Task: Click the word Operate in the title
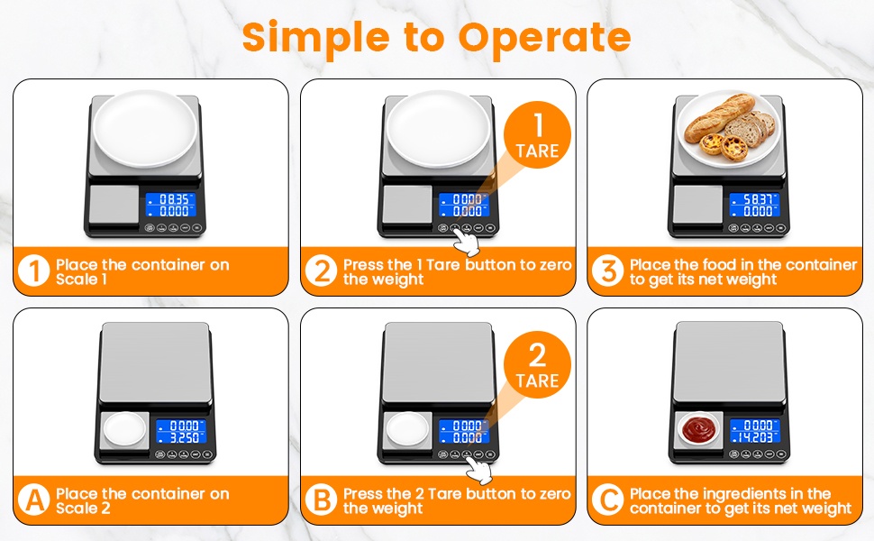(x=544, y=37)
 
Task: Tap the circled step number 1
(x=34, y=271)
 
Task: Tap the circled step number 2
(x=322, y=271)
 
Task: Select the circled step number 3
(x=608, y=271)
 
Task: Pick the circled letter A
(x=34, y=500)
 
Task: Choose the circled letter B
(x=322, y=500)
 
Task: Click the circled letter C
(x=608, y=500)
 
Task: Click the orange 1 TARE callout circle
(x=537, y=135)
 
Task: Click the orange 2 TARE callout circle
(x=537, y=365)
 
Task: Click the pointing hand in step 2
(x=466, y=240)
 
